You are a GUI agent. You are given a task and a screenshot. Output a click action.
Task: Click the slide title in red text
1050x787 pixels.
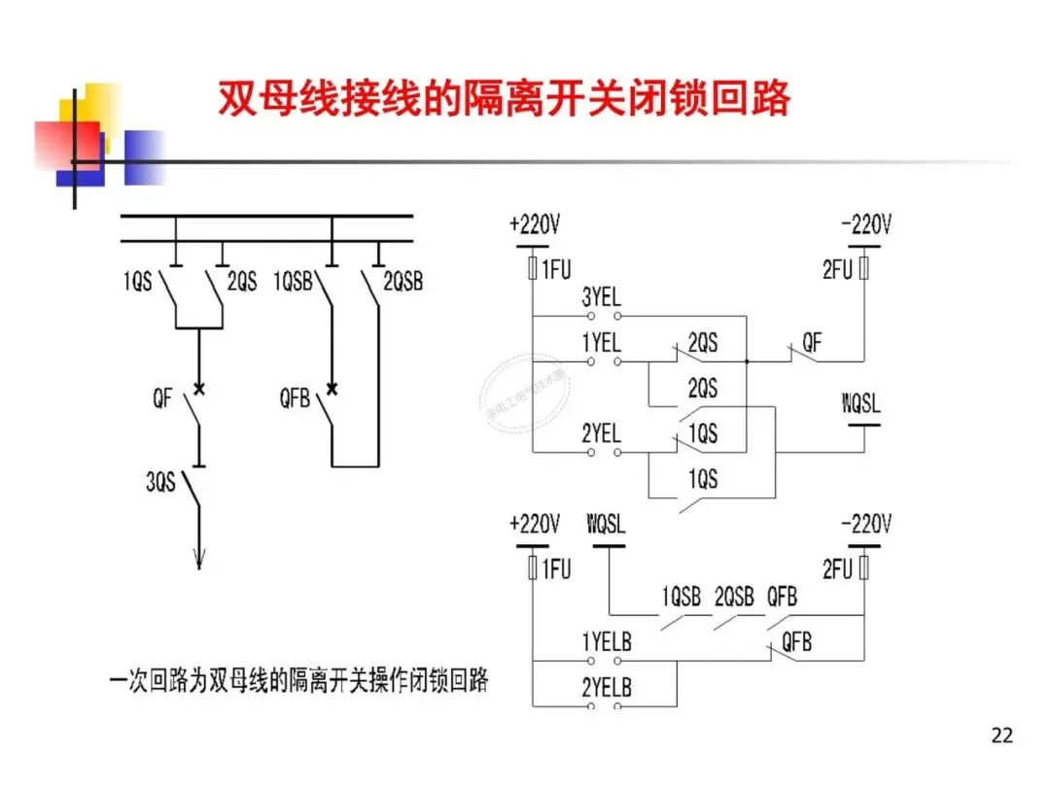(x=503, y=99)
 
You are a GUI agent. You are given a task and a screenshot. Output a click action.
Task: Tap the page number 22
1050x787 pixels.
(x=1001, y=735)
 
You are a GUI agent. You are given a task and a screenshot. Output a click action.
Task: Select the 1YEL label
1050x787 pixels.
(x=601, y=343)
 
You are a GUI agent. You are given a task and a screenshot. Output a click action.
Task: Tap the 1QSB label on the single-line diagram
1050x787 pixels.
(x=295, y=283)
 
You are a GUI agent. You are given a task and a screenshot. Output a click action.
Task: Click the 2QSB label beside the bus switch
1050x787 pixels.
(x=402, y=283)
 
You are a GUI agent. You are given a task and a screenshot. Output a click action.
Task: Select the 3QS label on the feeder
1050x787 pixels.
(x=161, y=481)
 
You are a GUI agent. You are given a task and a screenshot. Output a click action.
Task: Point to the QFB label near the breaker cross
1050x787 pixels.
(x=295, y=398)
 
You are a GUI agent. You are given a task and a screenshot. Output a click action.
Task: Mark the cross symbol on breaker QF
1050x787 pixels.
(x=199, y=389)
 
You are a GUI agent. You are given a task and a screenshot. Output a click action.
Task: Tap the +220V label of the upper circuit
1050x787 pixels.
(x=534, y=226)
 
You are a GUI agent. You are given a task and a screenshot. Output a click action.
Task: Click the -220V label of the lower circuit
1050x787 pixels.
(x=864, y=525)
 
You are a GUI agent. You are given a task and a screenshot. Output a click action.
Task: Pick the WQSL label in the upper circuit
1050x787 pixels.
(x=860, y=403)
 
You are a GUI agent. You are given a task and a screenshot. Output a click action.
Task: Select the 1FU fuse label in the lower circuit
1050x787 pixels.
(x=556, y=569)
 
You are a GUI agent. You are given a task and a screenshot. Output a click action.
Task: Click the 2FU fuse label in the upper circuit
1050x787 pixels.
(x=837, y=270)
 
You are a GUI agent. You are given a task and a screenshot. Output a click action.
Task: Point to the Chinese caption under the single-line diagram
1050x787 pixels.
(x=297, y=681)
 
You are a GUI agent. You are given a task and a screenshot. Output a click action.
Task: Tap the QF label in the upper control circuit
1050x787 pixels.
(x=811, y=342)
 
